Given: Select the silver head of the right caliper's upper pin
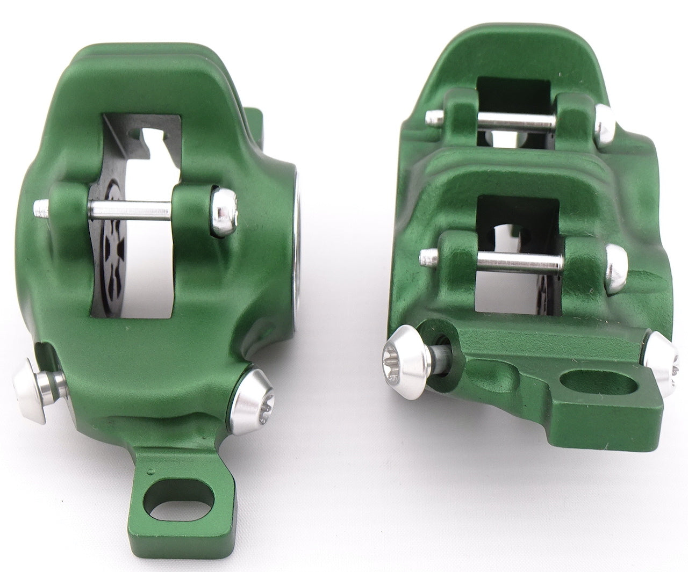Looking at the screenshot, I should point(604,121).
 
